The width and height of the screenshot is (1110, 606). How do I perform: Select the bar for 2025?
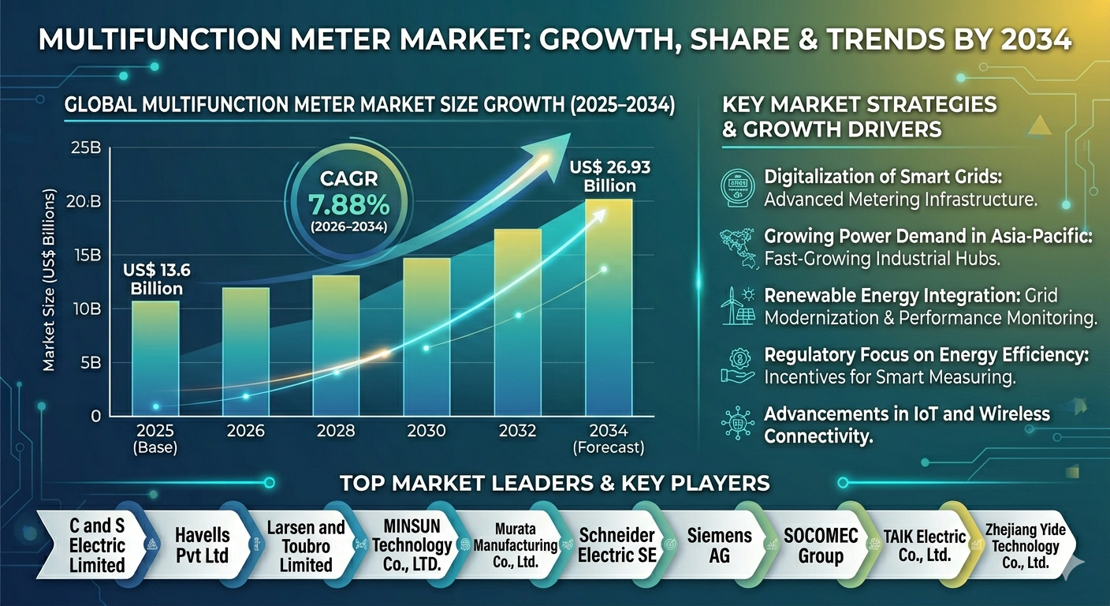[155, 358]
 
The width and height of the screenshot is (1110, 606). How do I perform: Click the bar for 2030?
[426, 337]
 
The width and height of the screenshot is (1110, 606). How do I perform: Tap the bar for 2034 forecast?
[609, 308]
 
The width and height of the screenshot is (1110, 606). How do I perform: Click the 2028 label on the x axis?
[336, 431]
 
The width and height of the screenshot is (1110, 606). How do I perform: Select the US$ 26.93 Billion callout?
[610, 177]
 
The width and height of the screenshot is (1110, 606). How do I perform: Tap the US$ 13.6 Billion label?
[157, 279]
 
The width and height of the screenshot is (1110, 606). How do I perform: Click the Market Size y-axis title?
[49, 281]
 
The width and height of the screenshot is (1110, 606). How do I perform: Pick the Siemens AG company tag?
[719, 545]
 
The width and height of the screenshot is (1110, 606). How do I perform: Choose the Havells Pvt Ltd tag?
[202, 545]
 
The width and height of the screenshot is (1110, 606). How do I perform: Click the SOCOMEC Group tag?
[821, 545]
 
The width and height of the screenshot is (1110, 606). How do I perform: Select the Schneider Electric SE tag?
[617, 545]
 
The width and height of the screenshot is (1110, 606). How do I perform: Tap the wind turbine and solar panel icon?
[738, 306]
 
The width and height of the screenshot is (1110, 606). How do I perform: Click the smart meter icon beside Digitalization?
[737, 188]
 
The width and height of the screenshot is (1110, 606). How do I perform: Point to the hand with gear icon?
[738, 365]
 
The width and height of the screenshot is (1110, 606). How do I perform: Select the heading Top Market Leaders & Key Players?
[555, 483]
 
